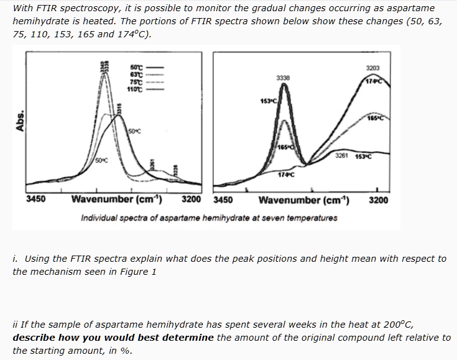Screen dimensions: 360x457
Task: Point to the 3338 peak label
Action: click(x=284, y=78)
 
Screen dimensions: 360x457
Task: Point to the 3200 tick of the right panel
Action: click(x=379, y=200)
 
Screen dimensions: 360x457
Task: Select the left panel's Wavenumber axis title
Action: click(x=117, y=200)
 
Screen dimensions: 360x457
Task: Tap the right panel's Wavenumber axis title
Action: click(x=303, y=200)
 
